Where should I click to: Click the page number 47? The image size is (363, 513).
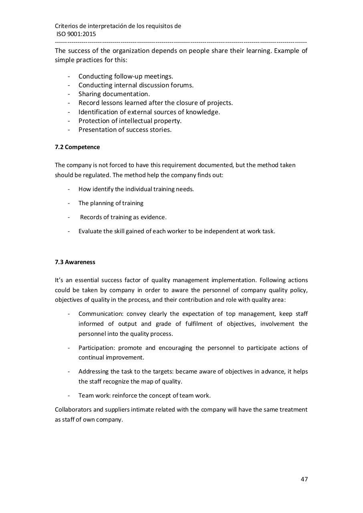pyautogui.click(x=304, y=479)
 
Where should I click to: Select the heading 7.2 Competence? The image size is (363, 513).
pyautogui.click(x=77, y=147)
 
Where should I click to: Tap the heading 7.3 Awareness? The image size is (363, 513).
pyautogui.click(x=75, y=262)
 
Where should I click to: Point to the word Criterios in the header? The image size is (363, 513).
pyautogui.click(x=66, y=26)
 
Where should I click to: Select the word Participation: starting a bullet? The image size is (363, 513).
pyautogui.click(x=97, y=348)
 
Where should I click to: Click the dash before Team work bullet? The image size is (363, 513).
pyautogui.click(x=69, y=396)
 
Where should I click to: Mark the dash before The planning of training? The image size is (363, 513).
pyautogui.click(x=69, y=203)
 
